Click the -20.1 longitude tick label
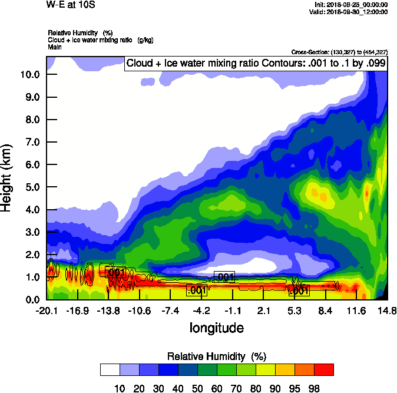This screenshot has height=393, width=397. tap(46, 311)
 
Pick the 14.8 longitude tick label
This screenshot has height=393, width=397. tap(387, 311)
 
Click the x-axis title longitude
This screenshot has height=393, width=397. tap(217, 327)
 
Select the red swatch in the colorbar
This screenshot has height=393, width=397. tap(323, 369)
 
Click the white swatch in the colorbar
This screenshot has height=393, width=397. tap(110, 369)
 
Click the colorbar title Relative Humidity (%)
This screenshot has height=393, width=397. tap(217, 356)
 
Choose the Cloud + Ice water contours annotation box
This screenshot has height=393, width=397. tap(256, 64)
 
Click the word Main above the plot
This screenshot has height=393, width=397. tap(54, 46)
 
